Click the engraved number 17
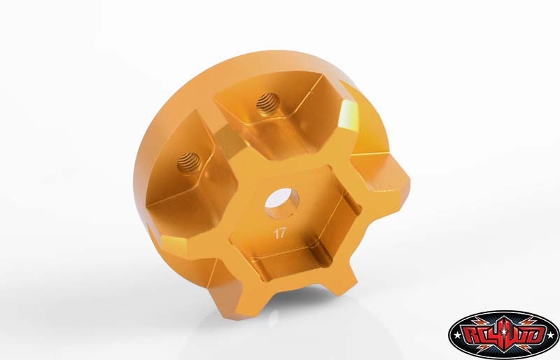279,233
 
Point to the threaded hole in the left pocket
189,163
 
